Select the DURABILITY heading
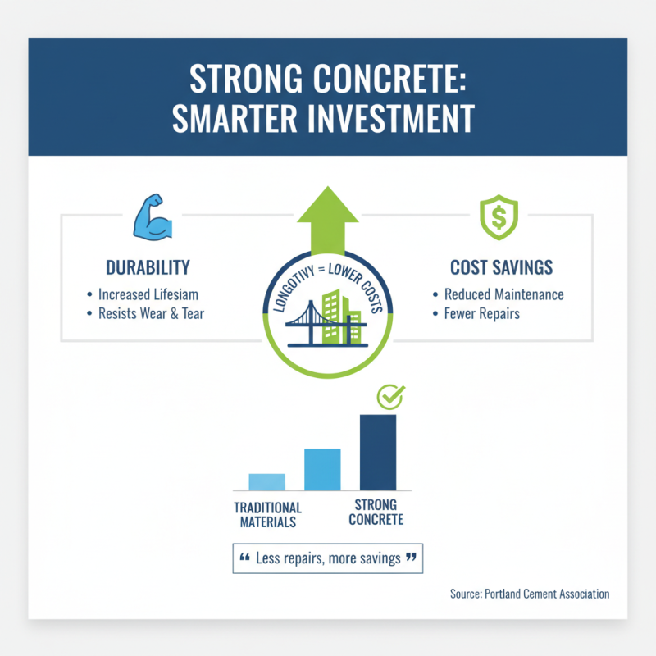tap(148, 267)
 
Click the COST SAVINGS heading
tap(501, 267)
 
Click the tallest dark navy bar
tap(377, 452)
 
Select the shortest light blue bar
tap(266, 482)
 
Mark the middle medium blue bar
tap(322, 470)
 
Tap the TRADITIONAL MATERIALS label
tap(268, 514)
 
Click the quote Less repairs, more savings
tap(328, 558)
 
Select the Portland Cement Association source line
tap(530, 594)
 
